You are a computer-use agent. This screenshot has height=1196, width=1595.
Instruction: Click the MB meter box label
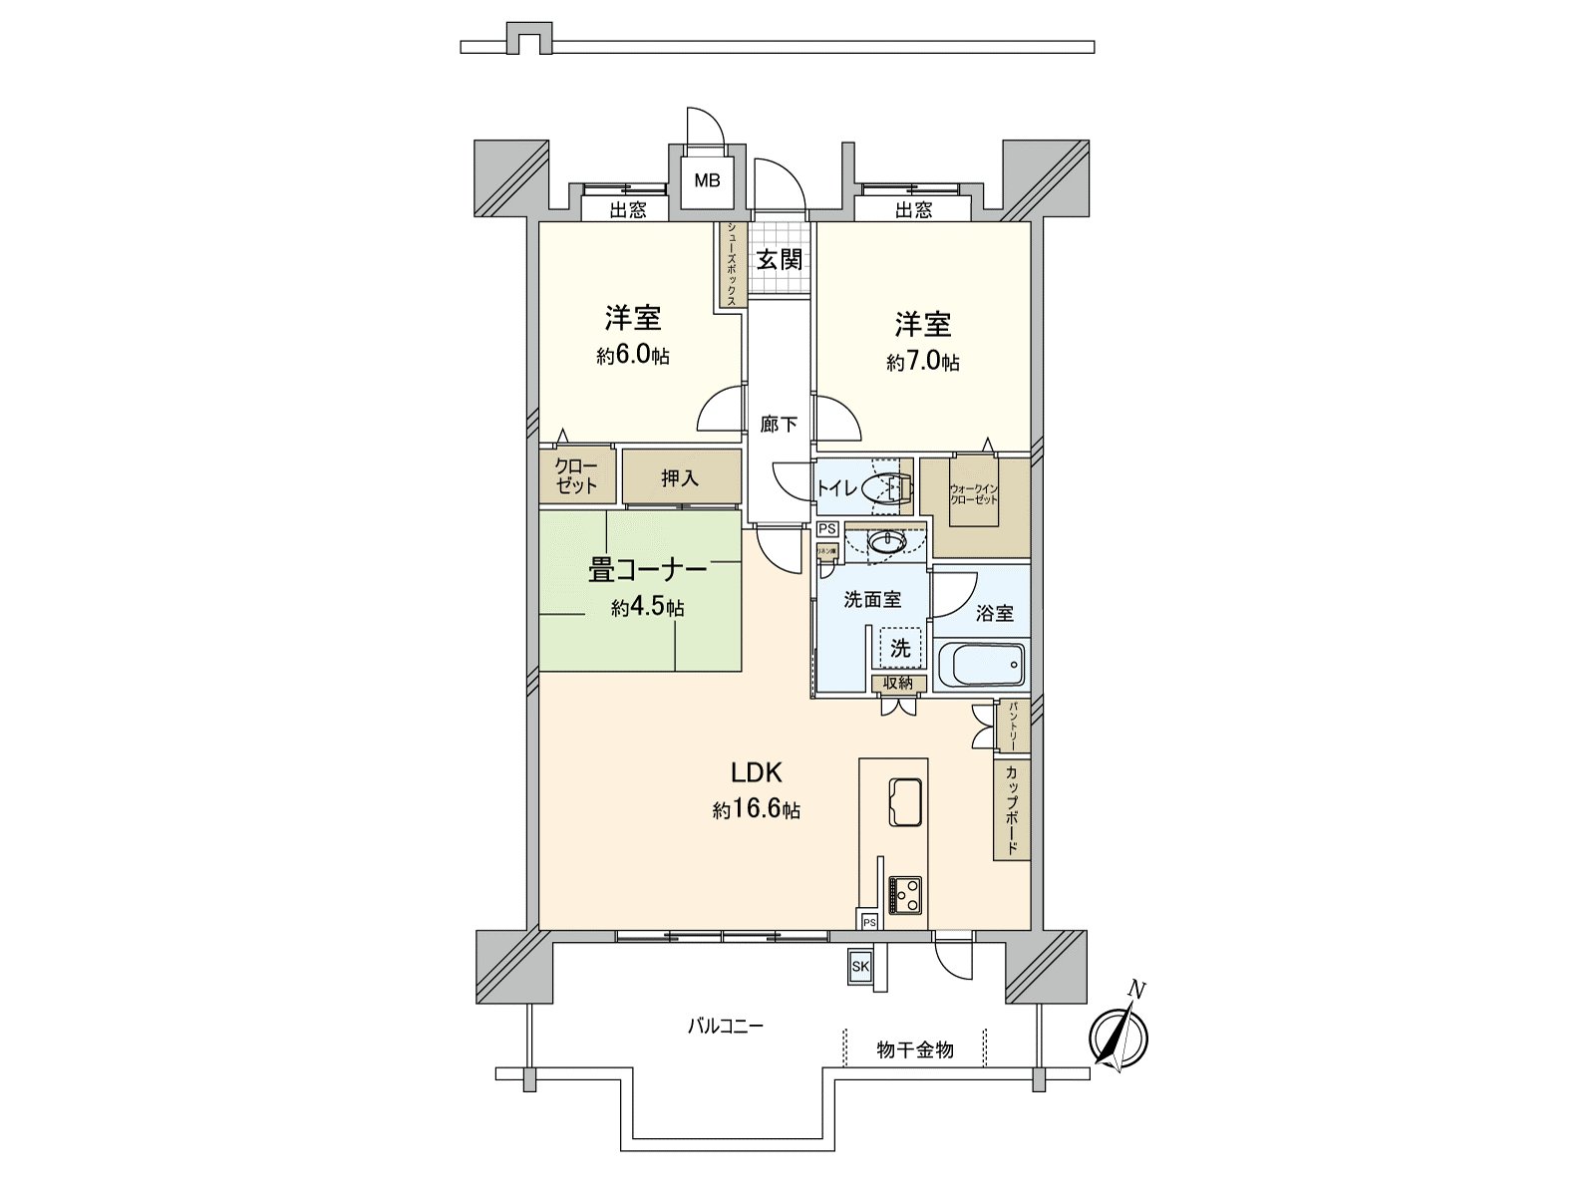point(707,180)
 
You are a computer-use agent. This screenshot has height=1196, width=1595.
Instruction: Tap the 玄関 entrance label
point(778,259)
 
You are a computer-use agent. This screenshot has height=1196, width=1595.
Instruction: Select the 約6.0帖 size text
point(633,356)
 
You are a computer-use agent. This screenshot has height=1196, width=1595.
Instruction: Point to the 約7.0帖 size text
point(923,362)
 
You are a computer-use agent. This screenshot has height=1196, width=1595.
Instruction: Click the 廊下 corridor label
point(778,425)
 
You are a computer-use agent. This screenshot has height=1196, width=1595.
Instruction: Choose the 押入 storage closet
point(681,478)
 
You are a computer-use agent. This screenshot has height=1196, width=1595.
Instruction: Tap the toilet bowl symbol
point(884,488)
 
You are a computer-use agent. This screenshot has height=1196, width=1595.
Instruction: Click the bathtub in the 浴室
point(982,664)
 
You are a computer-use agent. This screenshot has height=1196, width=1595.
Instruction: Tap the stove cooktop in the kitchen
point(905,893)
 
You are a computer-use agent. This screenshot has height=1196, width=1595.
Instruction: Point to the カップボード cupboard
point(1011,809)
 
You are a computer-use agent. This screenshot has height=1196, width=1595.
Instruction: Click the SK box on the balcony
point(859,966)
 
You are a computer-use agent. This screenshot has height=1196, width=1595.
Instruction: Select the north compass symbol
point(1118,1037)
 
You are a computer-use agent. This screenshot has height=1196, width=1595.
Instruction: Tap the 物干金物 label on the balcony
point(914,1049)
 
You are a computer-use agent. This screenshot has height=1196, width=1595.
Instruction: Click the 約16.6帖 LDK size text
point(756,810)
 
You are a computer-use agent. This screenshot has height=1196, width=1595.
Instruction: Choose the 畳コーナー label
point(647,570)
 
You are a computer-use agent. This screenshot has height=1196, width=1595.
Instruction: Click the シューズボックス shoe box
point(731,264)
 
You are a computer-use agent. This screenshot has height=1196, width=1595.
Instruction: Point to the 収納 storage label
point(897,683)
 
